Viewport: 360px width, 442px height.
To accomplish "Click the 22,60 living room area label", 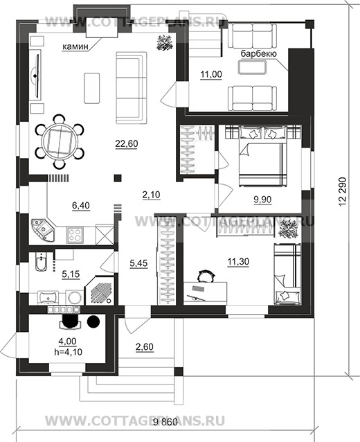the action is click(127, 143).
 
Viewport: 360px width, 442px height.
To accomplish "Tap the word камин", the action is click(75, 46).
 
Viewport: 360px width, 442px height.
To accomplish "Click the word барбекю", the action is click(259, 53).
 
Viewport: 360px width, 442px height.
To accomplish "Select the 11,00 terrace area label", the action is click(211, 74).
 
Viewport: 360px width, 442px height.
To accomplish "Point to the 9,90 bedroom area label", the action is click(262, 200).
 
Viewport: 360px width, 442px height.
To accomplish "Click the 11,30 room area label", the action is click(238, 262).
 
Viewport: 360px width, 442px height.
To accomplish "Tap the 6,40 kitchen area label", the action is click(81, 206).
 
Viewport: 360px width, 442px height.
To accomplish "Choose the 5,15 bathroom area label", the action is click(71, 274).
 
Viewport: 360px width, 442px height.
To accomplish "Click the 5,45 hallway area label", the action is click(138, 263).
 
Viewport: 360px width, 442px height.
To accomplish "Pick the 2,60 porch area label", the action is click(145, 346).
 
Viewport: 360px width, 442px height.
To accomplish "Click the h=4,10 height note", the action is click(68, 351).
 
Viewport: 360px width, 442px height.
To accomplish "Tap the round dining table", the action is click(60, 141).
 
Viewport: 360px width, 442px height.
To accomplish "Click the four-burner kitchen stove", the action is click(75, 235).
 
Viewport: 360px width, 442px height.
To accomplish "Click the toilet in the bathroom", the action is click(41, 262).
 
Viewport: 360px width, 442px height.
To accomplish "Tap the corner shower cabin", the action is click(99, 290).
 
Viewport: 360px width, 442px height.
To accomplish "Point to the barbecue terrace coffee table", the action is click(252, 68).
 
